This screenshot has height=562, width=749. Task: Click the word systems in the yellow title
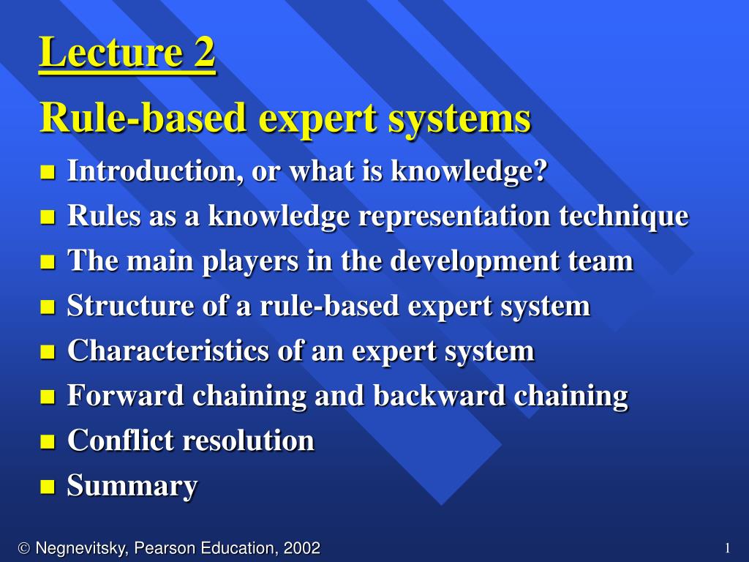coord(459,119)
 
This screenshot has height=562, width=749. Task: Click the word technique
coord(624,217)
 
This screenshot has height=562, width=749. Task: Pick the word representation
coord(455,217)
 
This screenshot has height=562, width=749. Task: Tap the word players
coord(250,262)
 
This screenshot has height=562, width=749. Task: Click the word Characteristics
coord(168,351)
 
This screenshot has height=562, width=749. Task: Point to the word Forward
coord(126,395)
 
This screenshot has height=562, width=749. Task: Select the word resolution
coord(249,440)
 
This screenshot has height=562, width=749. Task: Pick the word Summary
coord(132,487)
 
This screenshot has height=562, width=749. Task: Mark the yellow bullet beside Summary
coord(48,487)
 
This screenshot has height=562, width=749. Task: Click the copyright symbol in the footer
coord(24,548)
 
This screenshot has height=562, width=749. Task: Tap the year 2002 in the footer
coord(301,547)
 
